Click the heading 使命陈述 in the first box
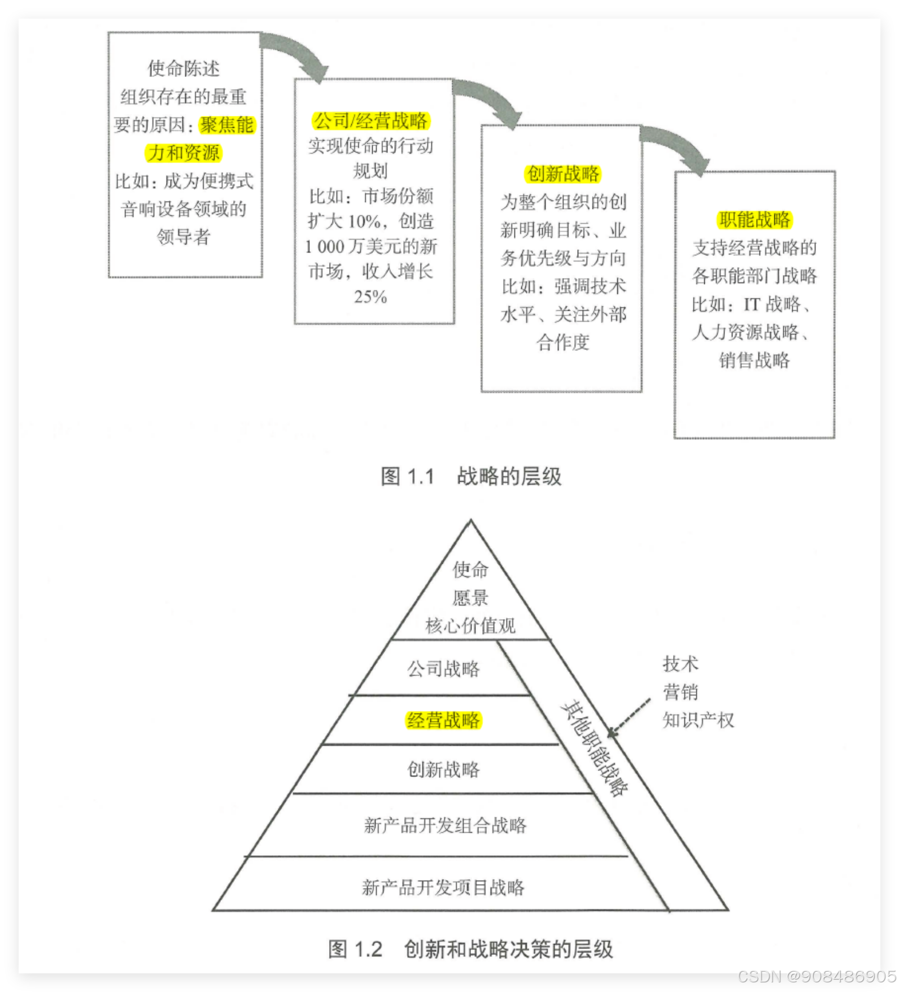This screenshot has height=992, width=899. (x=184, y=68)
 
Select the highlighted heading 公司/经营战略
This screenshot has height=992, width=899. (x=370, y=120)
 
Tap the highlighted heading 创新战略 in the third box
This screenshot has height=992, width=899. (x=562, y=173)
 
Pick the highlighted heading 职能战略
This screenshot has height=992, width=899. (x=754, y=219)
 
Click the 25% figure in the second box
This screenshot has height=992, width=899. (x=370, y=297)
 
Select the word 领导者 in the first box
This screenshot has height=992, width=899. (x=184, y=237)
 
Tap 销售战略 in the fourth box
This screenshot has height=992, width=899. (x=754, y=360)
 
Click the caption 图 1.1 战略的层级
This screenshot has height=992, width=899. (x=471, y=476)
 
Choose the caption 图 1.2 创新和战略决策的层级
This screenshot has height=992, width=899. (x=470, y=949)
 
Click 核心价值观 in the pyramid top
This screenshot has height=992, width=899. (x=470, y=625)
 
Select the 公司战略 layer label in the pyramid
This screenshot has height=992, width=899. (x=443, y=669)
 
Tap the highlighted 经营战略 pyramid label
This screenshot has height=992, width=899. (x=443, y=720)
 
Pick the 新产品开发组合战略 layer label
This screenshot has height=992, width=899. (x=445, y=825)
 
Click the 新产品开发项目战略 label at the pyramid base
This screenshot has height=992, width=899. (x=443, y=887)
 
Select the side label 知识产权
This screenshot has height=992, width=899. (x=698, y=720)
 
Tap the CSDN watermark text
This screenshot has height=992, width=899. (x=816, y=976)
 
